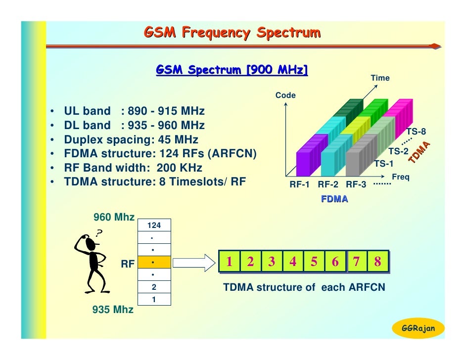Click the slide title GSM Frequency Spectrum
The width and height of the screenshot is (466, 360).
tap(232, 33)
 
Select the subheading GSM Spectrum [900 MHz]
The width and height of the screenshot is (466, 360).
tap(232, 70)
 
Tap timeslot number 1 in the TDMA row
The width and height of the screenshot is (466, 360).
tap(230, 262)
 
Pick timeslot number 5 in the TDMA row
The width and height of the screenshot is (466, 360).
tap(314, 262)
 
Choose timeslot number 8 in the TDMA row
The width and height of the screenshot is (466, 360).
tap(377, 262)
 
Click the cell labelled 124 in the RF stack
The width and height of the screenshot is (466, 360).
tap(154, 225)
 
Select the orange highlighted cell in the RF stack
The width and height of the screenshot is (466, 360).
tap(154, 262)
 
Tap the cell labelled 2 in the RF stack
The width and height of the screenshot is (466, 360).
tap(154, 287)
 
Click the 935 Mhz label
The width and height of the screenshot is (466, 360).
tap(113, 310)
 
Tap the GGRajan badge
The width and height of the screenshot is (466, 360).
tap(418, 328)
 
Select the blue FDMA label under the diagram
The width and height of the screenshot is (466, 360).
tap(334, 199)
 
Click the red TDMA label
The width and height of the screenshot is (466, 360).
tap(419, 152)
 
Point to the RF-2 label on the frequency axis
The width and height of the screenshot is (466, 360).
tap(327, 185)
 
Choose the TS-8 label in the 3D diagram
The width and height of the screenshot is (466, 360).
tap(416, 132)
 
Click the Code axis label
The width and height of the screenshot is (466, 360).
tap(285, 95)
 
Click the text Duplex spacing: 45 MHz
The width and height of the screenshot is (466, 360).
tap(131, 139)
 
